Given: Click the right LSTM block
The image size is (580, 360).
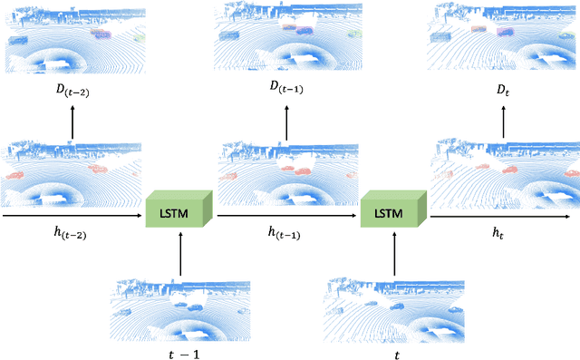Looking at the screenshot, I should (x=394, y=209).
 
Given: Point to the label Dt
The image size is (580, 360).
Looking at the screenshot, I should (x=503, y=88).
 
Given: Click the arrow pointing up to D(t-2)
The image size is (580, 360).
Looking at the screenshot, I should (x=72, y=122).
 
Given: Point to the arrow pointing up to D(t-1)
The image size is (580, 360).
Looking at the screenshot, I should (x=287, y=122).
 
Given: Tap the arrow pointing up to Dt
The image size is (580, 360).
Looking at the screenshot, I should (x=503, y=122).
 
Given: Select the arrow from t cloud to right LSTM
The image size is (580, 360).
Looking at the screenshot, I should (x=395, y=254).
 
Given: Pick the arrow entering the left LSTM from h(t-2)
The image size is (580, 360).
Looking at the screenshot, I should (x=72, y=216).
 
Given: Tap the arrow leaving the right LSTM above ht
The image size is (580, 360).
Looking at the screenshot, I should (x=503, y=216).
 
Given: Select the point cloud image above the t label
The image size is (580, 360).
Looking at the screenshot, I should (x=395, y=309).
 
